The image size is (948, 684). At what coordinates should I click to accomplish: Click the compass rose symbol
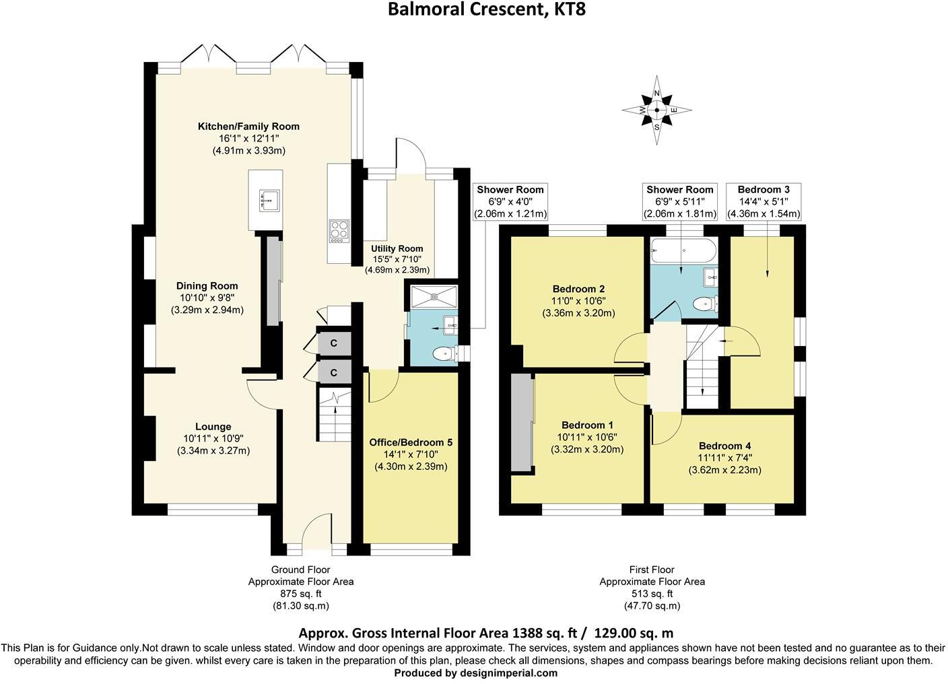pos(656,110)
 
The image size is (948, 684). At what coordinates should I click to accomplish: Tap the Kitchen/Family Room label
pos(248,127)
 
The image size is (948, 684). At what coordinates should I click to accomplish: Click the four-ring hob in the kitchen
pos(338,230)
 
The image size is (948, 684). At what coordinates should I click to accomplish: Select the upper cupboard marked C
pos(333,343)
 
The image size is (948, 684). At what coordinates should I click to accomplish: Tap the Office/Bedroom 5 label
pos(411,442)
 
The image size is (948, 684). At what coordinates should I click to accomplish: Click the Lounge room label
pos(213,426)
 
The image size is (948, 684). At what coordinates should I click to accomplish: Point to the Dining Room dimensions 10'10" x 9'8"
pos(207,298)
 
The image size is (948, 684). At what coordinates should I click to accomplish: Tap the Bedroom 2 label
pos(578,289)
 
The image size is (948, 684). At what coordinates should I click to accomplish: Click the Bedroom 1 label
pos(587,425)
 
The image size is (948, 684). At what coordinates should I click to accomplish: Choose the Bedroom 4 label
pos(724,446)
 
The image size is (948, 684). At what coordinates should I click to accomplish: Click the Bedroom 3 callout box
pos(764,202)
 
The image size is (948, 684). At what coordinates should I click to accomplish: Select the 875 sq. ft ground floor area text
pos(300,594)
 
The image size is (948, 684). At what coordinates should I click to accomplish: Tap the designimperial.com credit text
pos(475,673)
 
